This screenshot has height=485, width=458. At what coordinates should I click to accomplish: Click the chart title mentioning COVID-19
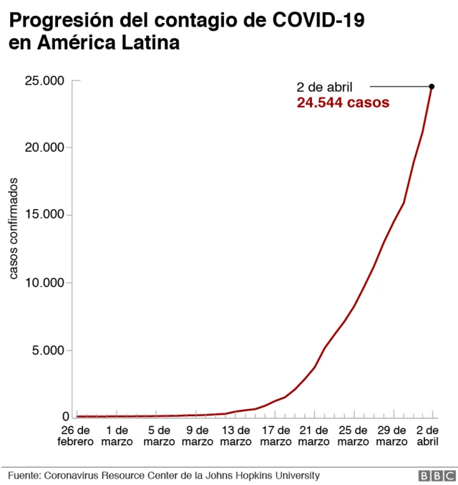(x=186, y=32)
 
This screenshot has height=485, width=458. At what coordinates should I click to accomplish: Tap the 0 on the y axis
(x=65, y=417)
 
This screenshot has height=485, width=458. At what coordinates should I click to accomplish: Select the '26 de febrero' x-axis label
(x=75, y=436)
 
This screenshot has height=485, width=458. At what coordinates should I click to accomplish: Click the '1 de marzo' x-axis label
(x=117, y=436)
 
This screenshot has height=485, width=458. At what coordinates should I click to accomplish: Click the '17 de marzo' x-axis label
(x=275, y=436)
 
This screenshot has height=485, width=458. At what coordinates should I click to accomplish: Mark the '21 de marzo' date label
(x=314, y=436)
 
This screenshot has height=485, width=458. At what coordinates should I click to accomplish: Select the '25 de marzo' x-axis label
(x=354, y=436)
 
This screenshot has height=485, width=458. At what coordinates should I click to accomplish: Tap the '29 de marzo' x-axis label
(x=393, y=436)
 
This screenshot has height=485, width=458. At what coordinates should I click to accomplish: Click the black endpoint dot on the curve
(x=432, y=87)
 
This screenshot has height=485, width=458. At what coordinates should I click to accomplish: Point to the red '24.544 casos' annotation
(x=343, y=103)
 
